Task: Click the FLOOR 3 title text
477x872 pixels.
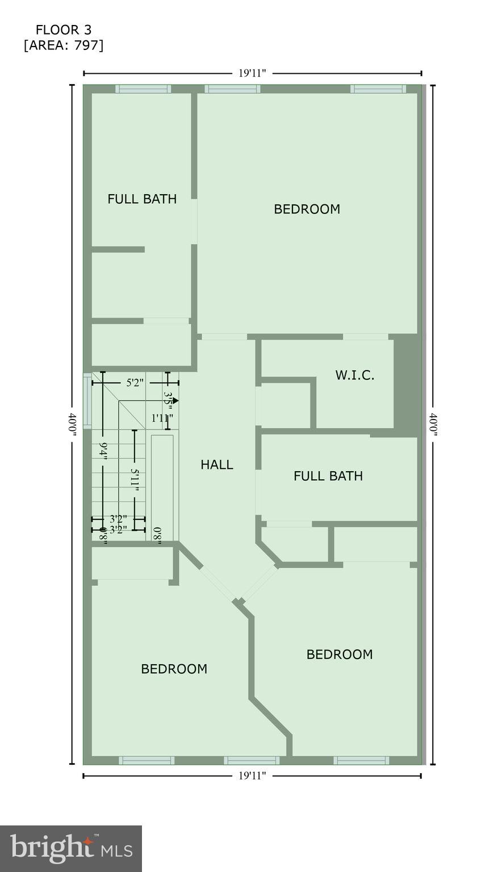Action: point(63,30)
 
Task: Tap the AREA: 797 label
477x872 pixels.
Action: point(63,45)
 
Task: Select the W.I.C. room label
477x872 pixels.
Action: point(354,375)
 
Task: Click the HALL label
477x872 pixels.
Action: point(217,464)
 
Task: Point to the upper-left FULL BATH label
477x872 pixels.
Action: point(142,199)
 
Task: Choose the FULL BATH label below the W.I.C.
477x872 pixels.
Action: point(328,476)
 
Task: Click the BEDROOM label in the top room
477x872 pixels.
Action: point(307,209)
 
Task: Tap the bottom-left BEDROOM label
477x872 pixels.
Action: point(174,669)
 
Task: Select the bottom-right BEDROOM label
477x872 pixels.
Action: point(340,654)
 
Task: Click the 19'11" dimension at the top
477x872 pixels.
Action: point(252,73)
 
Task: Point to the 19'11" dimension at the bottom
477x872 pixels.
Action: point(252,775)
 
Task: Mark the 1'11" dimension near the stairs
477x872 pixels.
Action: point(162,418)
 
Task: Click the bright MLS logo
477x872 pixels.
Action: point(71,849)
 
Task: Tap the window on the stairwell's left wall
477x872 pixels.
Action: point(87,400)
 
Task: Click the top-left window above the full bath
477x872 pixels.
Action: point(143,89)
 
